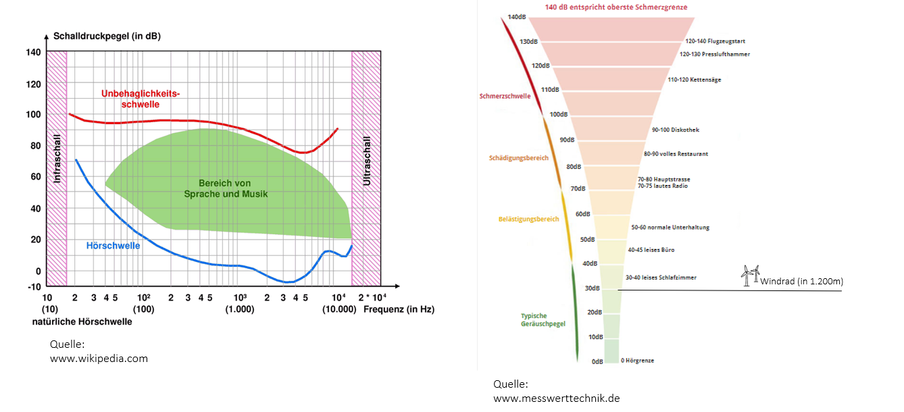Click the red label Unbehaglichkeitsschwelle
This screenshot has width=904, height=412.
tap(141, 99)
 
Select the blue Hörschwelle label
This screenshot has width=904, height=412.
tap(114, 246)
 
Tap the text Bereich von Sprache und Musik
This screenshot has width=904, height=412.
tap(226, 188)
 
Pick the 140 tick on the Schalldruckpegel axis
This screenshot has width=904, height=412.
tap(33, 53)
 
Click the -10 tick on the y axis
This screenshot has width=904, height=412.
tap(33, 286)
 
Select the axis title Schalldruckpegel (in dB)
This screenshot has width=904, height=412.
tap(107, 36)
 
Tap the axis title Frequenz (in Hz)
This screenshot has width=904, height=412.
tap(399, 309)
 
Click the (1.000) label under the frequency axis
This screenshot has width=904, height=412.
tap(240, 309)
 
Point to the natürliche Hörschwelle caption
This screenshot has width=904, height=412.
tap(82, 322)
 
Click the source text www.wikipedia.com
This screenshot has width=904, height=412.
tap(99, 359)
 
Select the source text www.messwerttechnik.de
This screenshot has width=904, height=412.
tap(556, 398)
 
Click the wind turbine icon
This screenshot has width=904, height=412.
tap(750, 275)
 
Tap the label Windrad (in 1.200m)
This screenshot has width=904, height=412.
tap(801, 282)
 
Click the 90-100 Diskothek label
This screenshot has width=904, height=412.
tap(676, 130)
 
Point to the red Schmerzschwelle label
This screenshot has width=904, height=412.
tap(505, 96)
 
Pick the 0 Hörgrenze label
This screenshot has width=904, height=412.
tap(637, 361)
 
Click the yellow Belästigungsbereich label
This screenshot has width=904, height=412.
tap(528, 220)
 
